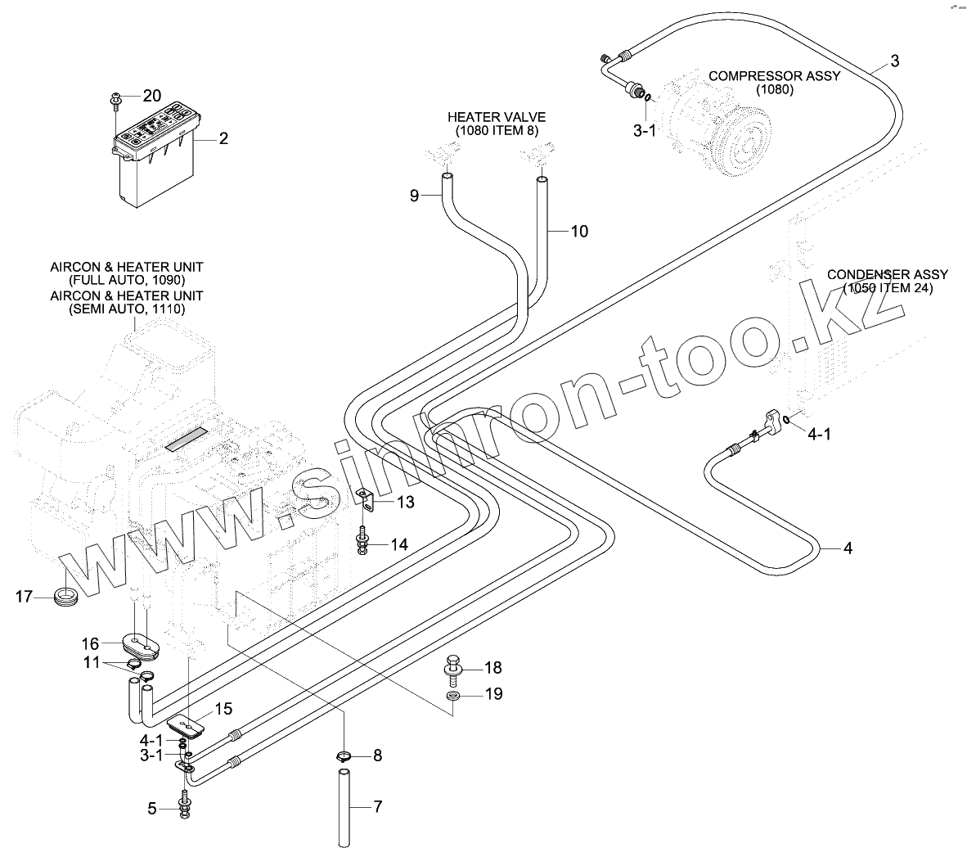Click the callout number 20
tap(152, 96)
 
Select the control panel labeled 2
tap(155, 156)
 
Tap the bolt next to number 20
tap(115, 101)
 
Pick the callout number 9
tap(414, 195)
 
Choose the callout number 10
tap(578, 232)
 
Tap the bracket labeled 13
tap(367, 498)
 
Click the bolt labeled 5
tap(184, 805)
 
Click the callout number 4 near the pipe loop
tap(848, 548)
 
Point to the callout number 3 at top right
tap(894, 61)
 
